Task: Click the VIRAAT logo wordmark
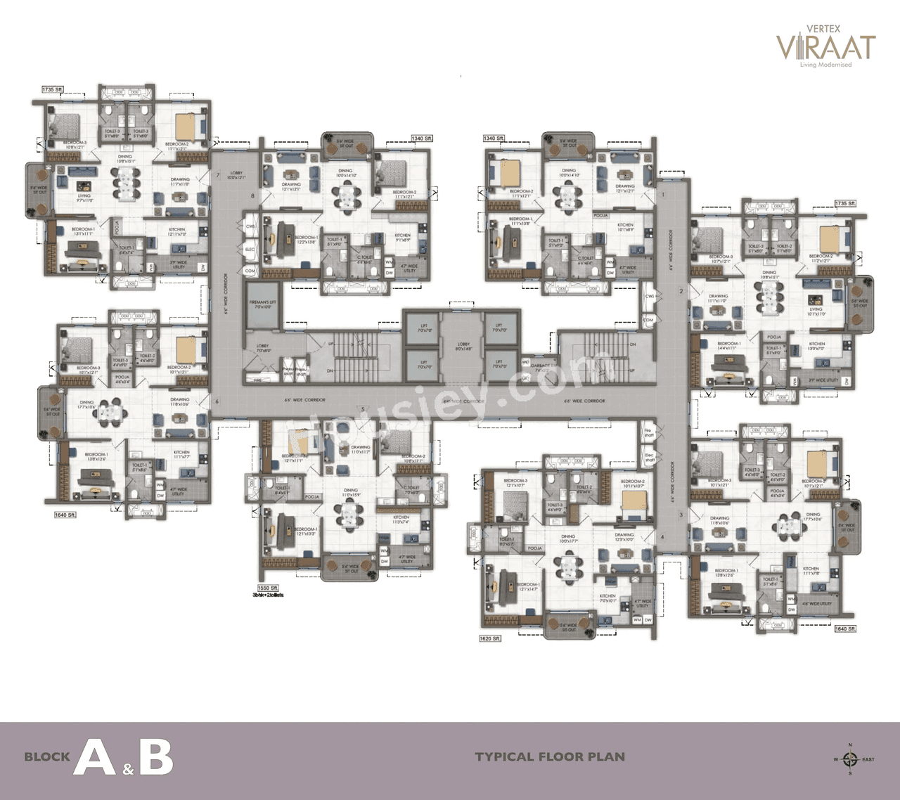click(x=826, y=46)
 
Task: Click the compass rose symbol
click(x=850, y=759)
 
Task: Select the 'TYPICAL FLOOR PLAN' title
click(x=550, y=757)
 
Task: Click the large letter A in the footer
click(x=94, y=757)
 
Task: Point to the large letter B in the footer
click(x=156, y=757)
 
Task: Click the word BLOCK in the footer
click(x=47, y=757)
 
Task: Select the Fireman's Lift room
click(x=263, y=307)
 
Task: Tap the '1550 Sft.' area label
click(x=268, y=588)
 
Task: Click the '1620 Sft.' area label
click(x=490, y=638)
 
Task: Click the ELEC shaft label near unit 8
click(x=250, y=250)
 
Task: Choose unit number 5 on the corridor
click(x=363, y=409)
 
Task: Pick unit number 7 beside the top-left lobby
click(x=218, y=174)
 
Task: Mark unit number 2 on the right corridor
click(x=681, y=290)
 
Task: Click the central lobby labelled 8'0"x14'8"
click(x=463, y=346)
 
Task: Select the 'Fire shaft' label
click(x=648, y=433)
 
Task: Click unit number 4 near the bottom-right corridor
click(x=662, y=537)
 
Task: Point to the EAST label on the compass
click(x=868, y=759)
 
